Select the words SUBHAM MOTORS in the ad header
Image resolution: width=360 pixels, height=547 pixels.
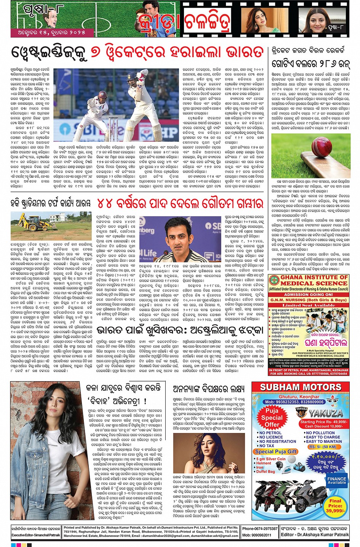301,387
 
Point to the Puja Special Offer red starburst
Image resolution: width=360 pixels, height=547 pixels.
272,417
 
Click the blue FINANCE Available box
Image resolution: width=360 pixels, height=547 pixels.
337,480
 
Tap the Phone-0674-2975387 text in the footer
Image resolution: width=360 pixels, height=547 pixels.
260,529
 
